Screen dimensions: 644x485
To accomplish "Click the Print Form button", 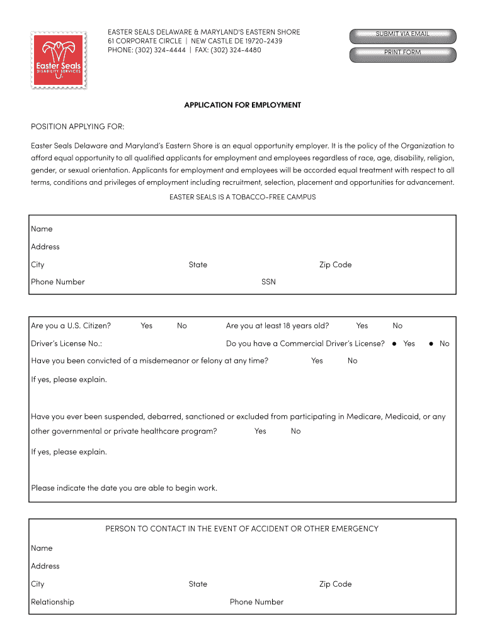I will pos(402,52).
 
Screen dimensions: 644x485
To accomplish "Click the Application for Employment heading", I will pos(243,105).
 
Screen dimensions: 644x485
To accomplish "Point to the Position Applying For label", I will pos(77,126).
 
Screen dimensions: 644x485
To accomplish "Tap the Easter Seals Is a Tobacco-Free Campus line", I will pos(243,197).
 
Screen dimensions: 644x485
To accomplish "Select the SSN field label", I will pos(268,282).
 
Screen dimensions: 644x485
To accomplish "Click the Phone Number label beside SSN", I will pos(58,282).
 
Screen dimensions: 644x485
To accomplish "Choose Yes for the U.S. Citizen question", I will pos(146,326).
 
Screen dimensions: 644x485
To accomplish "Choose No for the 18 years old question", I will pos(397,326).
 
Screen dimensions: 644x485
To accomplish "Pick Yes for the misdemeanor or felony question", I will pos(317,360).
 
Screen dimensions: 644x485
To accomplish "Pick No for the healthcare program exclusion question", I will pos(295,431).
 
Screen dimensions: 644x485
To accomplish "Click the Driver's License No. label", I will pos(67,343).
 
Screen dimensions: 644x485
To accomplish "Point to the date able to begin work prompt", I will pos(124,488).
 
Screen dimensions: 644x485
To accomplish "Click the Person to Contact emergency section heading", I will pos(242,529).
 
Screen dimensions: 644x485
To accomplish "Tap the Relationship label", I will pos(52,602).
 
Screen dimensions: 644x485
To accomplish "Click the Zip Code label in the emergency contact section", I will pos(335,584).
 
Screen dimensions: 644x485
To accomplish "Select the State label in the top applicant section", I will pos(198,265).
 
